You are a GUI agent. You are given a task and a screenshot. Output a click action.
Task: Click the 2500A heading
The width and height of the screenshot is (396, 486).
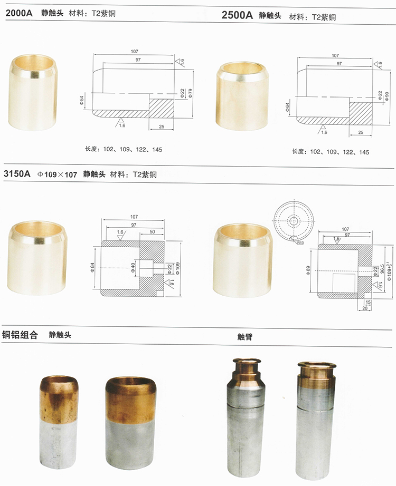point(237,16)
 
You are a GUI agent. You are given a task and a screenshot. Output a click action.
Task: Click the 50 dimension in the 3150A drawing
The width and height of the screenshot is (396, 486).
point(152,232)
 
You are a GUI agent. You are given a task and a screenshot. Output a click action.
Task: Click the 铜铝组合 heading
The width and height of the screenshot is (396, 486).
point(20,334)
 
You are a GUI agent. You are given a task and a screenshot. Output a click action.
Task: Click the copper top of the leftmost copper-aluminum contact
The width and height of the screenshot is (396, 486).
point(59,398)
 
